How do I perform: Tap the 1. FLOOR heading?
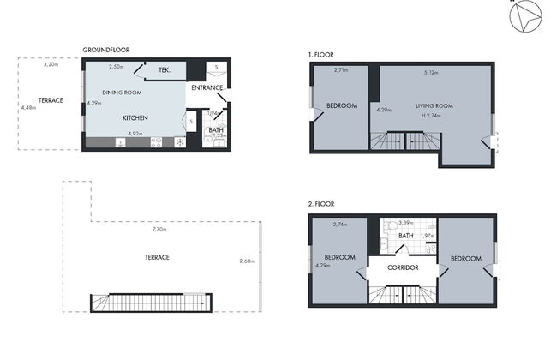coord(321,54)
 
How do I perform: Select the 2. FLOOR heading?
coord(321,204)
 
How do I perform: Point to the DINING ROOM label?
coord(122,92)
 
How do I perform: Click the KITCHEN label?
coord(137,117)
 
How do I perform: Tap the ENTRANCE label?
coord(207,87)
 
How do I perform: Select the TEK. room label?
coord(165,70)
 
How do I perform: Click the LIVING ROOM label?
coord(434,106)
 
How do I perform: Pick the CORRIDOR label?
coord(402,267)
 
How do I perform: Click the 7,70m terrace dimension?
coord(159,230)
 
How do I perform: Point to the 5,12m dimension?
coord(431,72)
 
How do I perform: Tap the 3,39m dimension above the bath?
coord(406,222)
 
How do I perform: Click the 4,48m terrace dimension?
coord(28,108)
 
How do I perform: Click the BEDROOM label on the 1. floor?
coord(340,106)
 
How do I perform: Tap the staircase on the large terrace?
coord(149,303)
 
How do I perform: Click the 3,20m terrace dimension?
coord(51,64)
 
